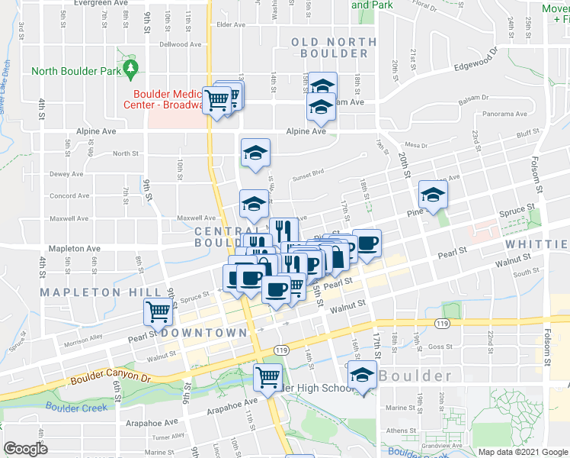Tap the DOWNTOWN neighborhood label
(x=204, y=333)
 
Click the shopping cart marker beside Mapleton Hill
(x=158, y=311)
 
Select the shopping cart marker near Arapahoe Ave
(x=267, y=376)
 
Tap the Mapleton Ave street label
(x=74, y=249)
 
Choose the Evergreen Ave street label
(x=100, y=3)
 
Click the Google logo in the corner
(x=26, y=449)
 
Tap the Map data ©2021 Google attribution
(x=522, y=452)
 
